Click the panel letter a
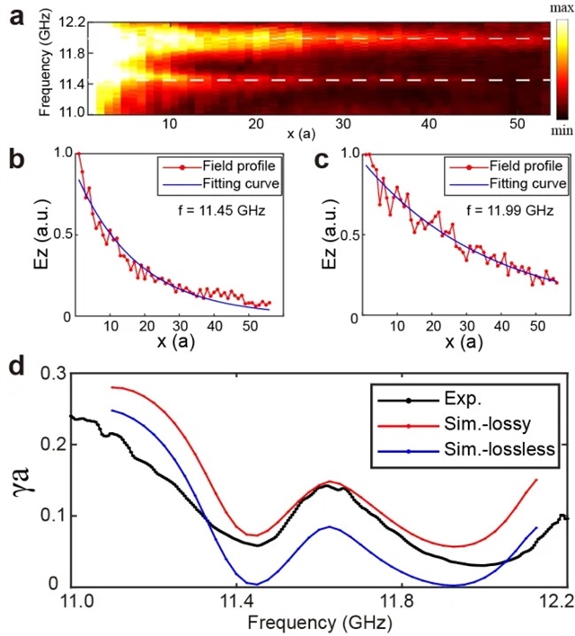15,14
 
